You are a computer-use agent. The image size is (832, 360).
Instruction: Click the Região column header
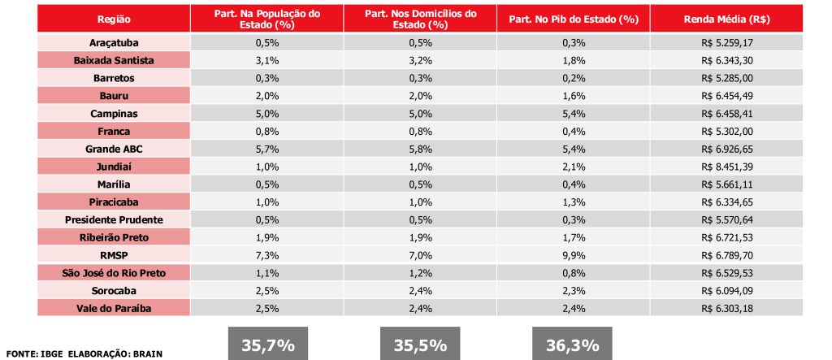pyautogui.click(x=113, y=19)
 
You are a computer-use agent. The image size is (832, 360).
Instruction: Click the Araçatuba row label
pyautogui.click(x=113, y=42)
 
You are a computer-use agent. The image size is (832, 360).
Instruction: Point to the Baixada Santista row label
pyautogui.click(x=113, y=60)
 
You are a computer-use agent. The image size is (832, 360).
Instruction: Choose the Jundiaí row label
pyautogui.click(x=113, y=167)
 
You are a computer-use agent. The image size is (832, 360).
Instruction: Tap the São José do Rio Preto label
pyautogui.click(x=113, y=273)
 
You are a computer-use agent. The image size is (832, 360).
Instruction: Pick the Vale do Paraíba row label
pyautogui.click(x=113, y=308)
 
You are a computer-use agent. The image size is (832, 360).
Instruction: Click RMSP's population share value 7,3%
pyautogui.click(x=267, y=255)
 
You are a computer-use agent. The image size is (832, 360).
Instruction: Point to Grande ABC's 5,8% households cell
pyautogui.click(x=420, y=149)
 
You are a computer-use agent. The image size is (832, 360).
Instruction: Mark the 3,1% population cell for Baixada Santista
pyautogui.click(x=267, y=60)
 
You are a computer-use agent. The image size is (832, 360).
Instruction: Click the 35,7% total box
pyautogui.click(x=267, y=344)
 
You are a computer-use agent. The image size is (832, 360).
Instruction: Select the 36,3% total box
pyautogui.click(x=573, y=344)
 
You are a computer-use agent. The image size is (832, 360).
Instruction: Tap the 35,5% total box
pyautogui.click(x=420, y=344)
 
